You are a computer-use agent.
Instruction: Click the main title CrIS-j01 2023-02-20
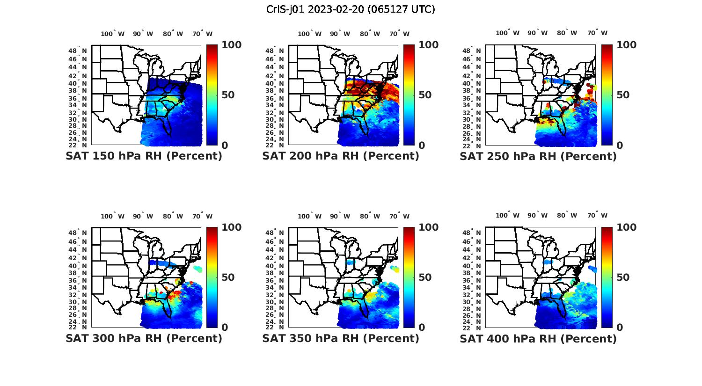pyautogui.click(x=351, y=9)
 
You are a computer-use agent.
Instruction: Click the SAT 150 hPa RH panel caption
pyautogui.click(x=144, y=156)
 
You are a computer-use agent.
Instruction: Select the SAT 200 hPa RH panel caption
pyautogui.click(x=341, y=156)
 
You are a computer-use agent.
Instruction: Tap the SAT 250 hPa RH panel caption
pyautogui.click(x=538, y=156)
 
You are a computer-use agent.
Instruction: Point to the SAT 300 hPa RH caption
pyautogui.click(x=144, y=338)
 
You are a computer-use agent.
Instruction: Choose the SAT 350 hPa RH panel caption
pyautogui.click(x=341, y=338)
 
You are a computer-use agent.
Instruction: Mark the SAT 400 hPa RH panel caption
pyautogui.click(x=538, y=338)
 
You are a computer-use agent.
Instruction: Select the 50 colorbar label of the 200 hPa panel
pyautogui.click(x=425, y=95)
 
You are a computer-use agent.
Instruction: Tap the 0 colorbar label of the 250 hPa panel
pyautogui.click(x=620, y=146)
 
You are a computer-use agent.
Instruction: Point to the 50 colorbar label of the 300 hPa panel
pyautogui.click(x=228, y=277)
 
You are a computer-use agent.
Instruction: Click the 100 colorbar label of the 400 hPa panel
pyautogui.click(x=626, y=227)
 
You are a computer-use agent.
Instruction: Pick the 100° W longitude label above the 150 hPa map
pyautogui.click(x=113, y=34)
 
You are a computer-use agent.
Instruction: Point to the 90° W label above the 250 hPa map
pyautogui.click(x=537, y=33)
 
